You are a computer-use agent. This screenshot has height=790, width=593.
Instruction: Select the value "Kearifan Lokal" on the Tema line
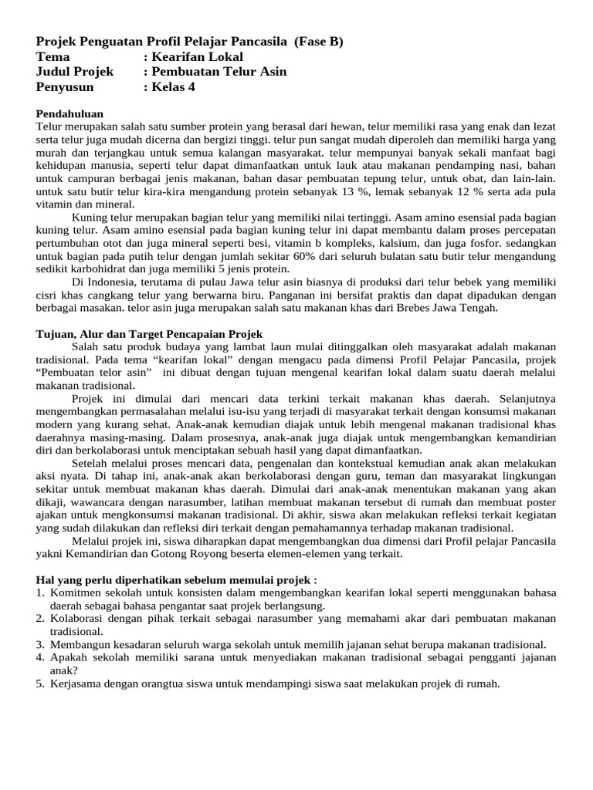198,57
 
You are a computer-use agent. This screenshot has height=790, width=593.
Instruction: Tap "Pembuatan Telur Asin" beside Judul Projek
219,72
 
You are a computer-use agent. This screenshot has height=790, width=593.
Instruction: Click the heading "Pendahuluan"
69,113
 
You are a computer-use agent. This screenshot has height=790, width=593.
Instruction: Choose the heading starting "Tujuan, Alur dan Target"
150,334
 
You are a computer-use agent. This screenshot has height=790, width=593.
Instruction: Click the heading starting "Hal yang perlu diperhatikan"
177,580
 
